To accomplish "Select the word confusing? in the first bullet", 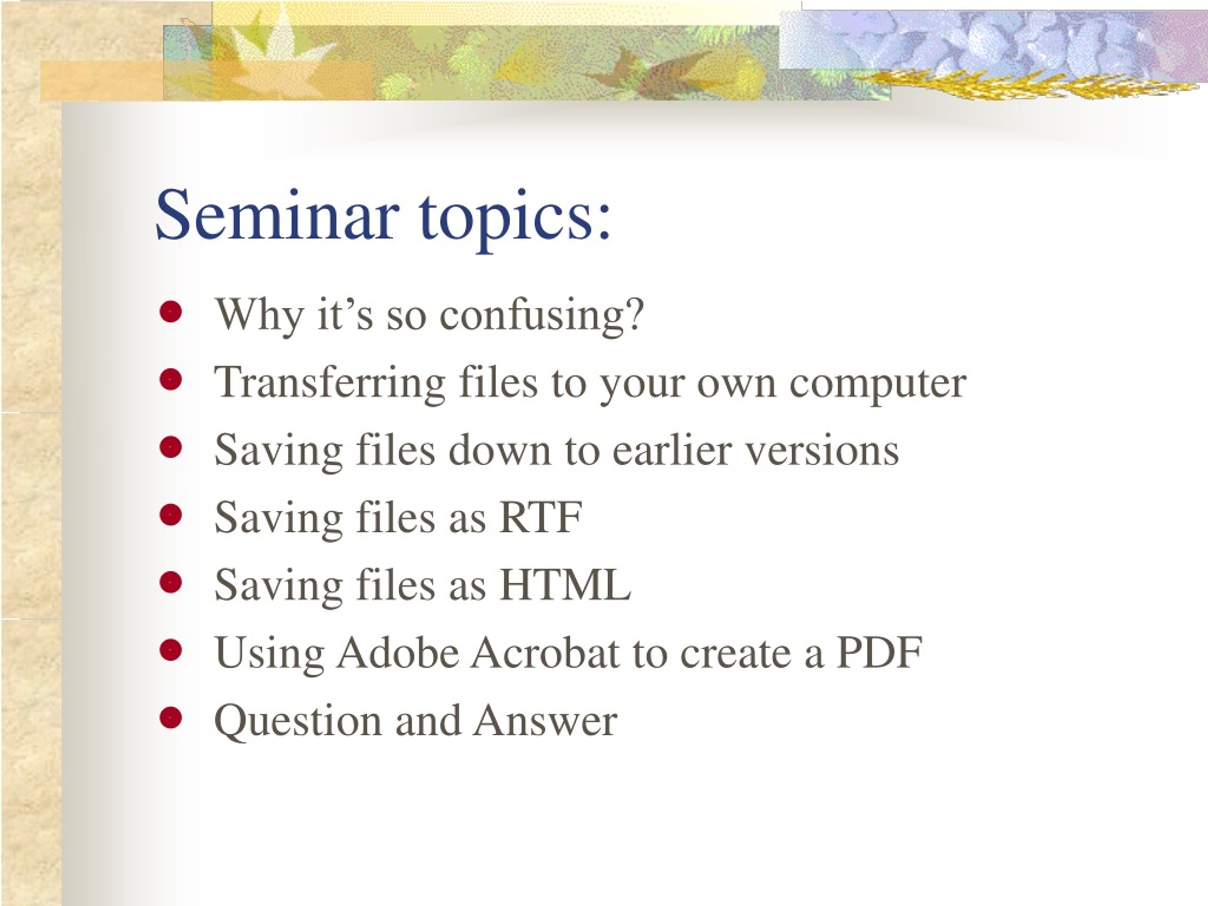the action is click(542, 316).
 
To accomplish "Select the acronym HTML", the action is click(565, 585).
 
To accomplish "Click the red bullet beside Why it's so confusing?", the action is click(171, 312).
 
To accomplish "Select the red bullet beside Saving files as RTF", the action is click(171, 515).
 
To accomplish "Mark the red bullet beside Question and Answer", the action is click(171, 718).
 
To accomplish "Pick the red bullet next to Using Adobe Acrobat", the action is click(171, 650).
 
